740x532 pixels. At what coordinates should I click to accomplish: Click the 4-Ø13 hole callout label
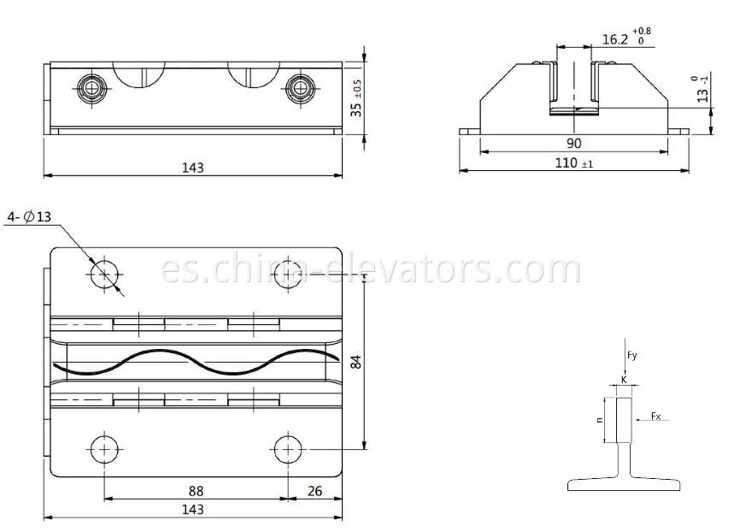[x=29, y=217]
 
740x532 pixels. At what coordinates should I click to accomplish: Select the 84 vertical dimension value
[x=357, y=362]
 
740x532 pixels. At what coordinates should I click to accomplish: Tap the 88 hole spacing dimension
[x=196, y=491]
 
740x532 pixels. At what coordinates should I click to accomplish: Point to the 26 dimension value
[x=314, y=491]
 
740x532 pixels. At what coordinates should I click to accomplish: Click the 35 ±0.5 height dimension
[x=357, y=98]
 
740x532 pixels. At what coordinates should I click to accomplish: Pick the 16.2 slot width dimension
[x=626, y=38]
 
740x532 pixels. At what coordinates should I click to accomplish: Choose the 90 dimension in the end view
[x=573, y=143]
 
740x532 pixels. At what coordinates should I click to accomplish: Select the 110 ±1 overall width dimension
[x=574, y=163]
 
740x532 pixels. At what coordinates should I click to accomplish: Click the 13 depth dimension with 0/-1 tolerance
[x=702, y=90]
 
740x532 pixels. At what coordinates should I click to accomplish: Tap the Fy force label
[x=632, y=355]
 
